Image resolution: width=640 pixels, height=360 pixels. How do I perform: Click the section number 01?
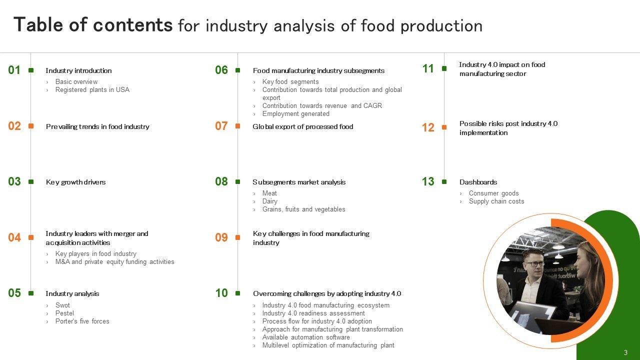tap(14, 70)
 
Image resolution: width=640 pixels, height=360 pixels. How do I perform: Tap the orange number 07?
tap(221, 126)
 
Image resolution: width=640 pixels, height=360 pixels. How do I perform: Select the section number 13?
tap(428, 181)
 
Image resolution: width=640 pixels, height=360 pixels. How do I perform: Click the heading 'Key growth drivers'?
tap(75, 182)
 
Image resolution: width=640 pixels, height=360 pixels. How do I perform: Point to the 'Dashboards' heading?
tap(478, 182)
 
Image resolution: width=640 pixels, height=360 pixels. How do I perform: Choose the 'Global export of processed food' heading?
tap(303, 126)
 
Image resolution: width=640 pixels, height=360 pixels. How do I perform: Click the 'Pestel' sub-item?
tap(64, 313)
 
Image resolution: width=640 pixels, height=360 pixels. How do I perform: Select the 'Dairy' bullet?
tap(269, 201)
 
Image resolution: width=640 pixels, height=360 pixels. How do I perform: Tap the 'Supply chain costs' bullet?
tap(496, 201)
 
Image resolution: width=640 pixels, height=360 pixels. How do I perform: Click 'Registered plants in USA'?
tap(92, 89)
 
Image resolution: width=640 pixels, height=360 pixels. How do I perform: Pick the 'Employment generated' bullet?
tap(295, 113)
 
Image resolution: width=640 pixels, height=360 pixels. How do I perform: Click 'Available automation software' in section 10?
tap(306, 337)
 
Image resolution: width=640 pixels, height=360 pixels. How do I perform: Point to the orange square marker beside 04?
tap(31, 237)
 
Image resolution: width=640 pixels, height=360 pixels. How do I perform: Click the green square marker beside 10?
tap(237, 293)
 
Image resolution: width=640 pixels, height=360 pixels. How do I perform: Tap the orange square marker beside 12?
tap(444, 127)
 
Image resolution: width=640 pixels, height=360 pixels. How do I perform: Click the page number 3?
tap(625, 352)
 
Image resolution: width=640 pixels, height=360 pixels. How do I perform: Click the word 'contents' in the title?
tap(133, 25)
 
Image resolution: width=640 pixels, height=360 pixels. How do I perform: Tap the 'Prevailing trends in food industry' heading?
tap(97, 126)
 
